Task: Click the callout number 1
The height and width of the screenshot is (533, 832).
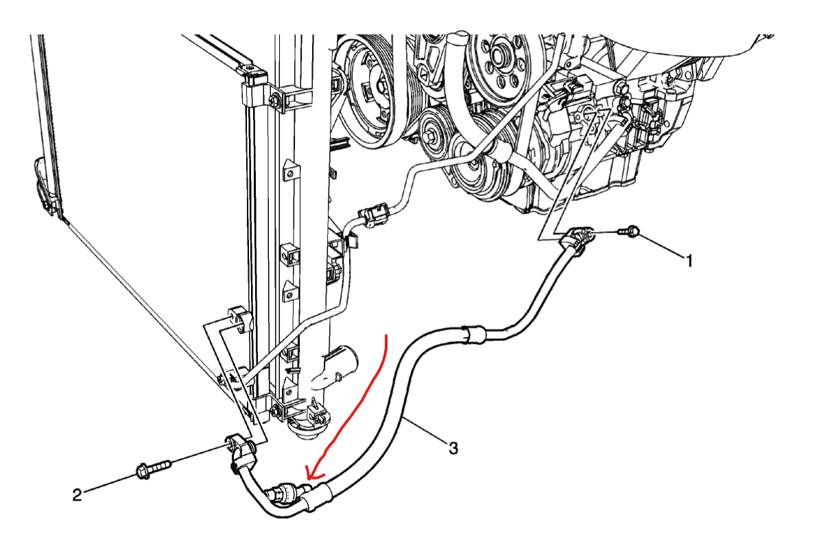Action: point(689,260)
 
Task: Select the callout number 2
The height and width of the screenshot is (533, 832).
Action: point(78,494)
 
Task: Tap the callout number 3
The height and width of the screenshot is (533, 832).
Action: point(453,449)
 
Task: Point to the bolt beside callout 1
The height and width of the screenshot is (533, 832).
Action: point(630,233)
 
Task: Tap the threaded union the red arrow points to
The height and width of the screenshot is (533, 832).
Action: point(284,493)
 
